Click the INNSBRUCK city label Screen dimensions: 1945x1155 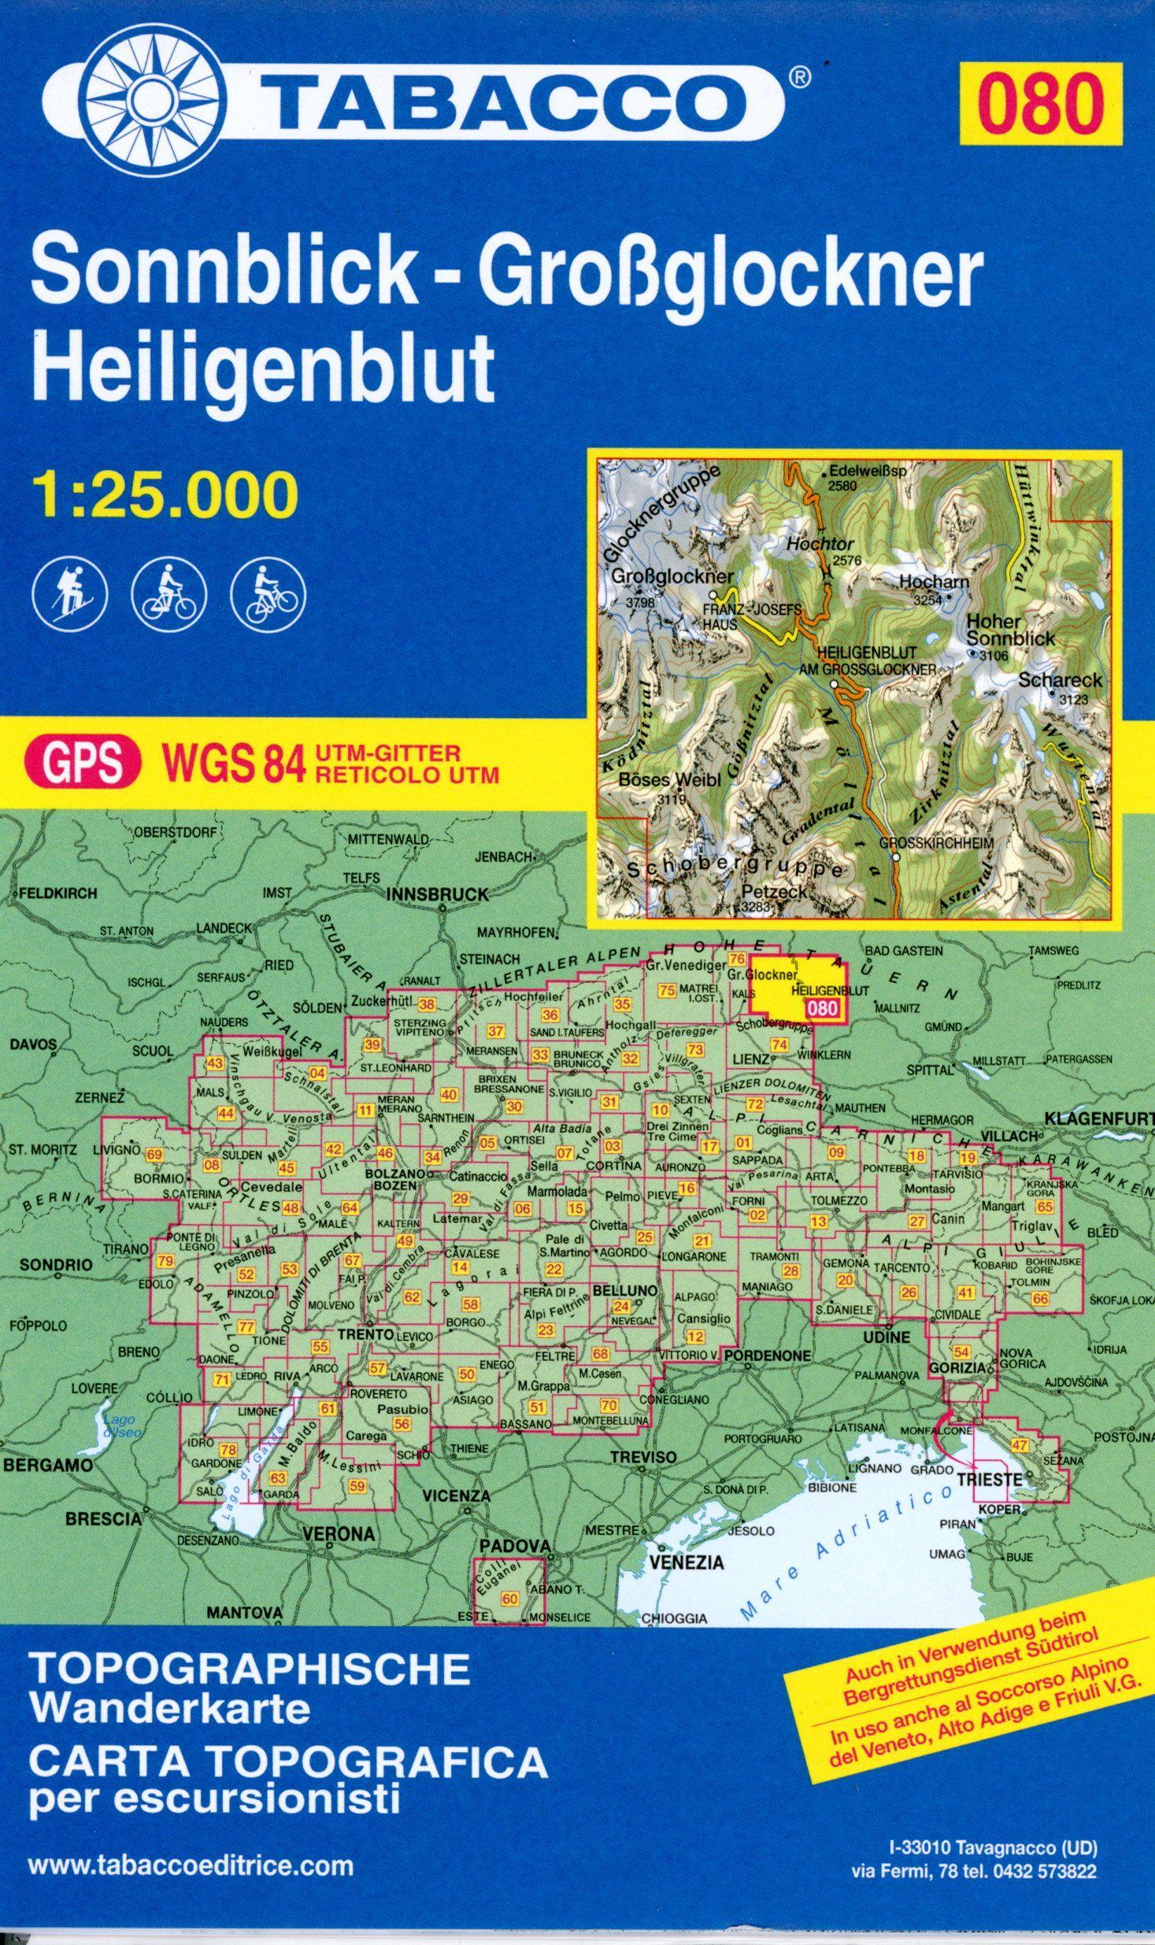[x=438, y=894]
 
